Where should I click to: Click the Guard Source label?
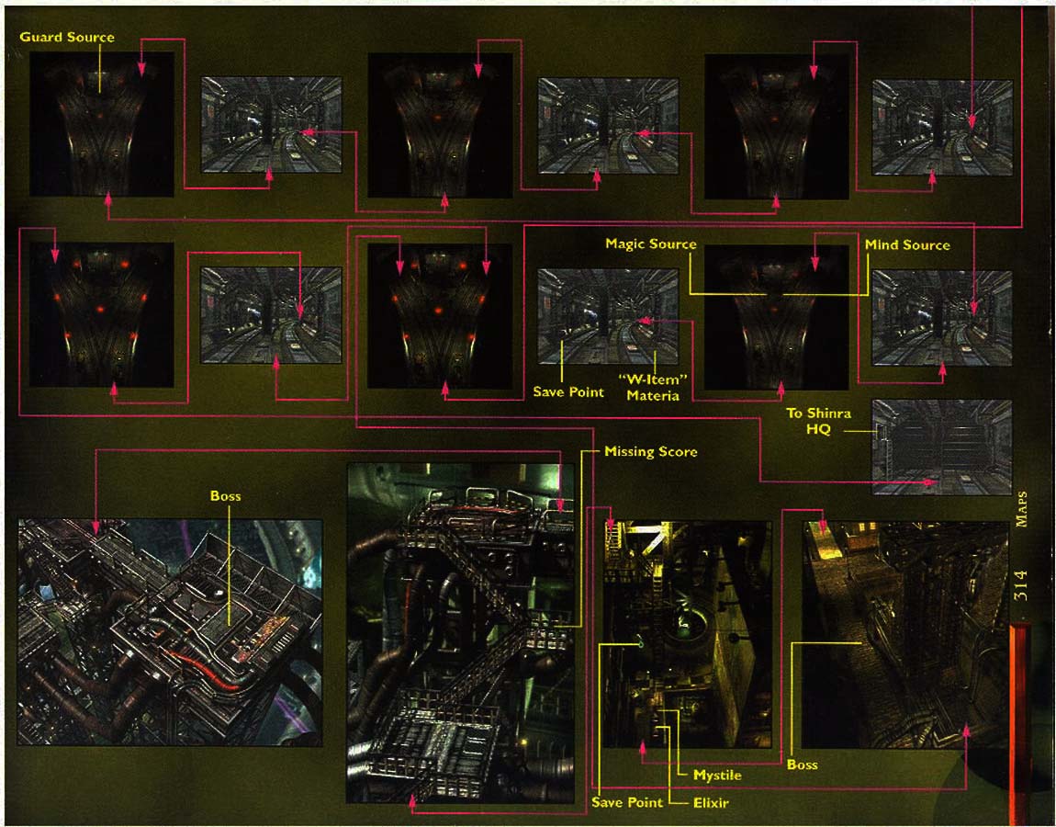pyautogui.click(x=67, y=37)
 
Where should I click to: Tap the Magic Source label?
pyautogui.click(x=650, y=244)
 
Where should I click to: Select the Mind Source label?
pyautogui.click(x=907, y=244)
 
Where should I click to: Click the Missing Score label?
pyautogui.click(x=650, y=452)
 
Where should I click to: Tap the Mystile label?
pyautogui.click(x=717, y=776)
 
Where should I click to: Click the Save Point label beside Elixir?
pyautogui.click(x=626, y=803)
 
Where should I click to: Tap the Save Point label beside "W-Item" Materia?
pyautogui.click(x=568, y=392)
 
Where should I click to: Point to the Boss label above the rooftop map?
pyautogui.click(x=225, y=496)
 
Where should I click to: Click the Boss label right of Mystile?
pyautogui.click(x=802, y=765)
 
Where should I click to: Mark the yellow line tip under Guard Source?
pyautogui.click(x=99, y=91)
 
